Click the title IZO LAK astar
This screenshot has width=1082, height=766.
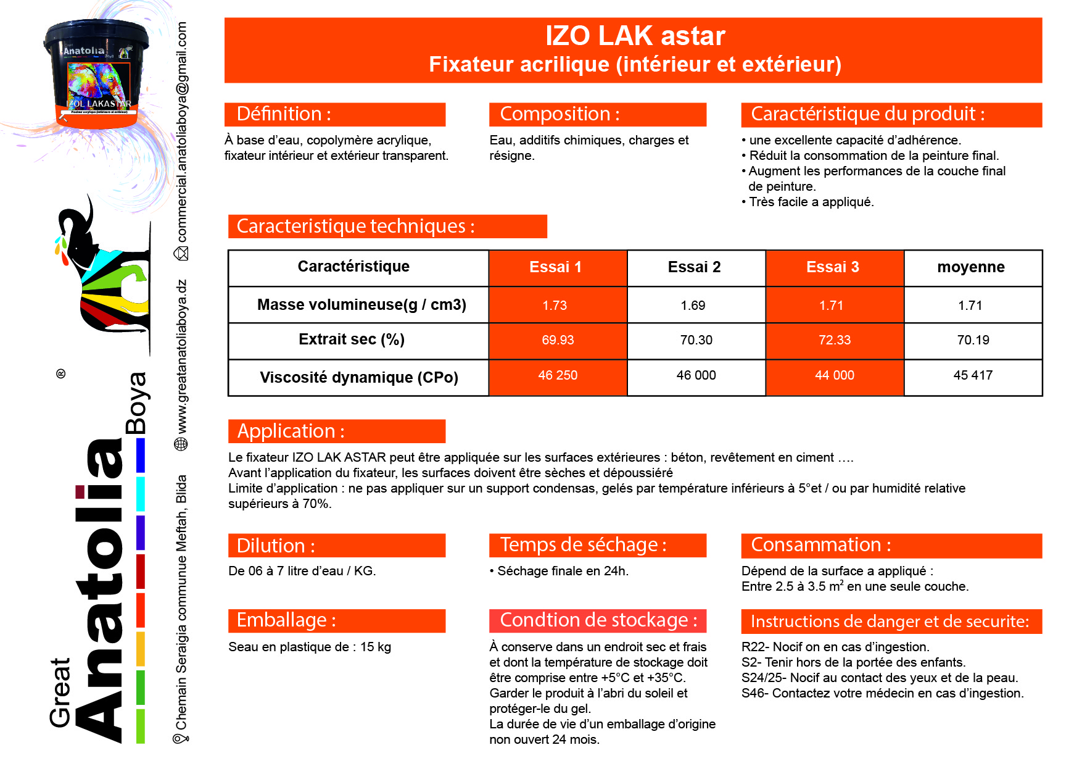(635, 36)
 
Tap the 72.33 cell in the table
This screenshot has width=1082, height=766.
(834, 340)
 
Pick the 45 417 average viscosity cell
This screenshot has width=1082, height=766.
(972, 375)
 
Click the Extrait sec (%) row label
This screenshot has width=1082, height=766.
(352, 339)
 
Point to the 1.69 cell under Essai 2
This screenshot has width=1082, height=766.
(693, 306)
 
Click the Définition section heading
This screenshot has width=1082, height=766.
(284, 114)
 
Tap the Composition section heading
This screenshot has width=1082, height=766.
(560, 114)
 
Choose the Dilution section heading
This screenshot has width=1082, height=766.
(276, 546)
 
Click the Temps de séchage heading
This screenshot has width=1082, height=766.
(583, 545)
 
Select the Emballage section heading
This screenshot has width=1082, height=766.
(286, 620)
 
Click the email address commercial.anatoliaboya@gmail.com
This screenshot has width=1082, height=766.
(182, 132)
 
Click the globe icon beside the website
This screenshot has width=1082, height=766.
(181, 444)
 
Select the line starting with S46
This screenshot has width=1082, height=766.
(882, 693)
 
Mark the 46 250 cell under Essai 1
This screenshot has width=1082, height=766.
(558, 375)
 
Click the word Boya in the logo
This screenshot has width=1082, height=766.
(136, 403)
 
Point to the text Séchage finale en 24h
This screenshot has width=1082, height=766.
(563, 571)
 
